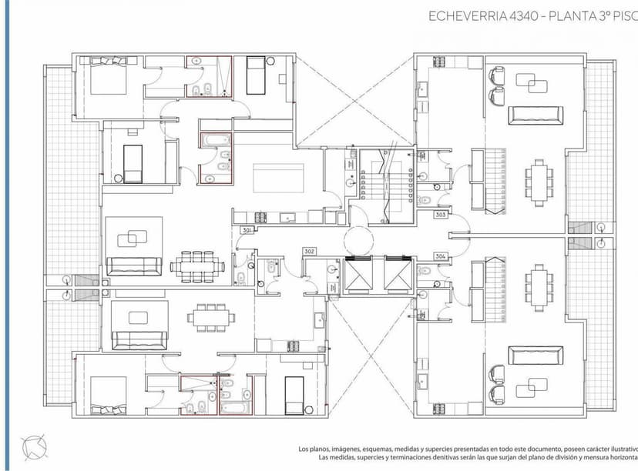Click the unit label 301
247,230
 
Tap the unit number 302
310,251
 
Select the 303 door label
441,215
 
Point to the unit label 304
441,256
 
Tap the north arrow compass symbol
35,446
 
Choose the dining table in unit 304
538,286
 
